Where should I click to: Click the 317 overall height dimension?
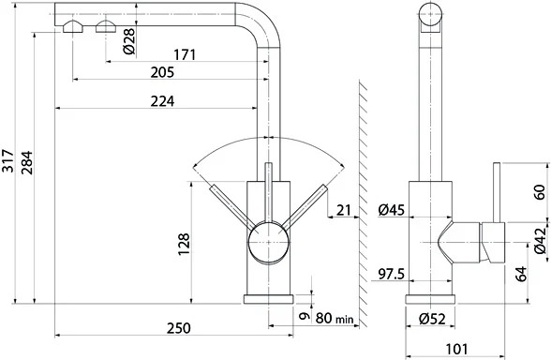click(7, 161)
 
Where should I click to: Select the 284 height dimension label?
click(27, 163)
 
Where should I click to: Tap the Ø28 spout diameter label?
click(129, 41)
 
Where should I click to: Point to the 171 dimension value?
click(185, 54)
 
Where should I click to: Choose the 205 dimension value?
click(162, 72)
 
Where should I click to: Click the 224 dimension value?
click(162, 101)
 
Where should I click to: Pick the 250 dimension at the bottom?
click(178, 328)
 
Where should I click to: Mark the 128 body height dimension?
click(184, 244)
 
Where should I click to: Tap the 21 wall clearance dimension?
click(344, 210)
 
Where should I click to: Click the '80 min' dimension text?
click(335, 318)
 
